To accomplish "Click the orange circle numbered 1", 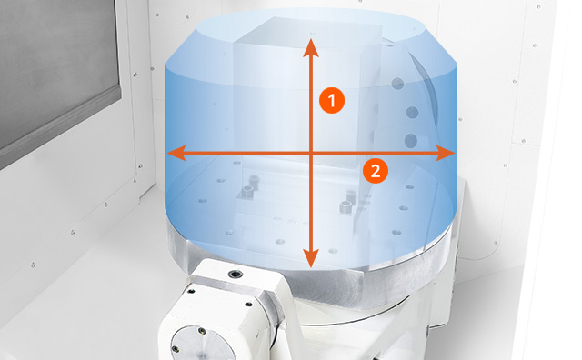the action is (332, 100).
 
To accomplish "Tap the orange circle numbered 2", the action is (376, 171).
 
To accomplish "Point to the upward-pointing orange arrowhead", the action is (311, 47).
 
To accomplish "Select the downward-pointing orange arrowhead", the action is (311, 258).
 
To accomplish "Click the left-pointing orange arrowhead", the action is (176, 153).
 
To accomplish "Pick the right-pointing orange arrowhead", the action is (446, 153).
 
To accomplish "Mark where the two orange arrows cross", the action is (311, 153).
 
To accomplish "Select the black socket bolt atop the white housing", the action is (236, 275).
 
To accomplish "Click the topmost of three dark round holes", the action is (397, 84).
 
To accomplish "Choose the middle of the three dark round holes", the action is (412, 112).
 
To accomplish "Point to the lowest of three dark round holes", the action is (411, 141).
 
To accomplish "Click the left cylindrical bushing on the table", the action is (247, 192).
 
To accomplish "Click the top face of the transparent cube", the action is (308, 33).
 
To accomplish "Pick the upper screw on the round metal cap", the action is (202, 331).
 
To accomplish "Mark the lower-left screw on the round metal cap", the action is (176, 349).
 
